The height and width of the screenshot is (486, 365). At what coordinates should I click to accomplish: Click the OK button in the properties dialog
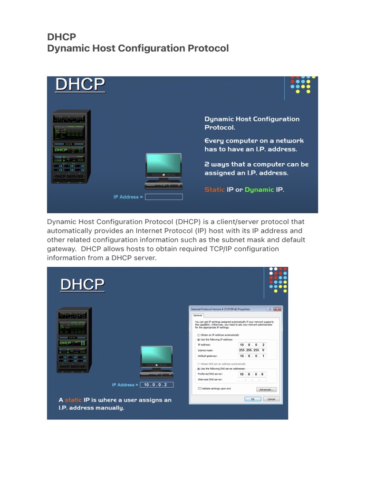point(252,399)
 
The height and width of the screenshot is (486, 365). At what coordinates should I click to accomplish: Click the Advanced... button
point(267,390)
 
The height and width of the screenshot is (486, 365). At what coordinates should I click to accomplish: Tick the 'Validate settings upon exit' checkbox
point(199,388)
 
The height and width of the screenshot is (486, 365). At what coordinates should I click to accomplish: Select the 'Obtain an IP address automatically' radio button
point(198,335)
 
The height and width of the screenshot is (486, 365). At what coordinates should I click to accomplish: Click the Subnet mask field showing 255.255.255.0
point(252,350)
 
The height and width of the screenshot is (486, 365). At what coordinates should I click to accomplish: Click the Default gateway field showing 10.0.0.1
point(252,355)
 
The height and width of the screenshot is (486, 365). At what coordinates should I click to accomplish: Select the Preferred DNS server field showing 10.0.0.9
point(252,374)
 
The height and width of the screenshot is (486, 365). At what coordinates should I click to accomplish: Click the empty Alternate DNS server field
point(252,379)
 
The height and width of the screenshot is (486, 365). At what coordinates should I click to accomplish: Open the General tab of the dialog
point(197,315)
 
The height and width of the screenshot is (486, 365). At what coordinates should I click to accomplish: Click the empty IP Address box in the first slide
point(163,197)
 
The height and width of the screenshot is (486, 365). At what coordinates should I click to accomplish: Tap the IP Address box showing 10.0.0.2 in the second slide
point(156,385)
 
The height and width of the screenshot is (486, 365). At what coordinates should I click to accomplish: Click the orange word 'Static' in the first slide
point(214,189)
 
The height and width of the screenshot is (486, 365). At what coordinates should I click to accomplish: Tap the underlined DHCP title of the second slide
point(82,285)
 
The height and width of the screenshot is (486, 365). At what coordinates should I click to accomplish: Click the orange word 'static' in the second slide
point(73,400)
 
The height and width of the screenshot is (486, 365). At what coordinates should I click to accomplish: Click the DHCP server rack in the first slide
point(70,147)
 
